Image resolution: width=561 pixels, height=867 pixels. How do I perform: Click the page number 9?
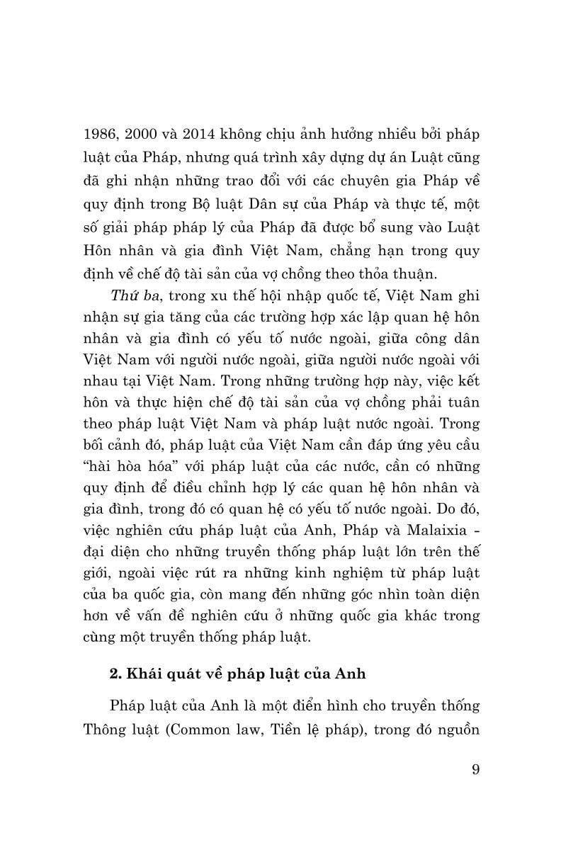(475, 769)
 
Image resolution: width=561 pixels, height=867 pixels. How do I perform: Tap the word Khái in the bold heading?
(146, 674)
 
